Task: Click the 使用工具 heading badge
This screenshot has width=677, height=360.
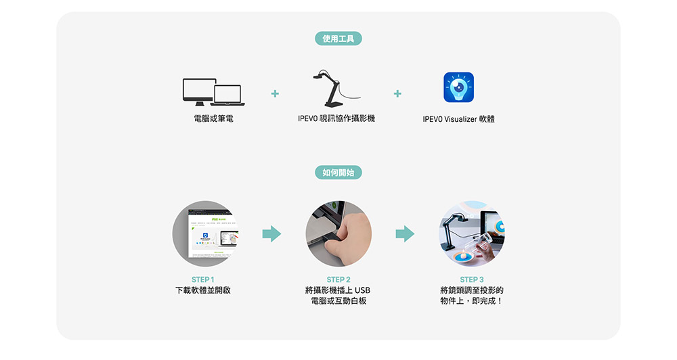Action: coord(338,39)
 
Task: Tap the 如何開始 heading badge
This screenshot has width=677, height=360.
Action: coord(338,173)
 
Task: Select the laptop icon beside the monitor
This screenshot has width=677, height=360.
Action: coord(227,95)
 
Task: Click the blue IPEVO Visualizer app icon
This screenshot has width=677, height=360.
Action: coord(458,88)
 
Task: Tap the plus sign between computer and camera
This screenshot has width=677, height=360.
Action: coord(275,93)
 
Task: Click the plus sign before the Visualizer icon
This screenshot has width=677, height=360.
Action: coord(397,93)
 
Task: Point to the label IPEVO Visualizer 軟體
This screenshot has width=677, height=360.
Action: coord(458,119)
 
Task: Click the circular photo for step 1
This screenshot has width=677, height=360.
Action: coord(205,233)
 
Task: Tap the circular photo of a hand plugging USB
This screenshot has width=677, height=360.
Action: coord(338,233)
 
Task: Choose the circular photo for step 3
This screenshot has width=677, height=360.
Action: coord(472,233)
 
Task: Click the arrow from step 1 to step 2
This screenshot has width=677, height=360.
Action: coord(271,234)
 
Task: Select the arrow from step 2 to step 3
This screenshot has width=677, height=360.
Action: coord(405,234)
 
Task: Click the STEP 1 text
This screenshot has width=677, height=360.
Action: coord(203,279)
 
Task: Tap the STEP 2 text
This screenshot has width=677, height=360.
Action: coord(338,279)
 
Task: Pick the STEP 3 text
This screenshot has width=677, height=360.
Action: coord(472,279)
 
